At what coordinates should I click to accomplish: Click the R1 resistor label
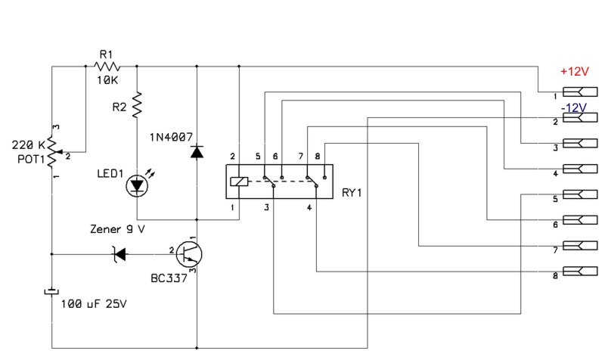coord(104,54)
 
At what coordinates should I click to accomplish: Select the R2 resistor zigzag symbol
coord(137,105)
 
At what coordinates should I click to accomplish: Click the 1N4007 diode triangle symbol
coord(197,151)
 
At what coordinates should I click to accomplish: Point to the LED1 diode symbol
coord(137,184)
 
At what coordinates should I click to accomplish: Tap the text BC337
coord(168,278)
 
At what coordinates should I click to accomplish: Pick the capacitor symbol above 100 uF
coord(51,292)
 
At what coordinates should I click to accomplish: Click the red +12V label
coord(574,71)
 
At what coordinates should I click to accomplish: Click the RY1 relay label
coord(352,193)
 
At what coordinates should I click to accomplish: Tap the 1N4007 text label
coord(172,137)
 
